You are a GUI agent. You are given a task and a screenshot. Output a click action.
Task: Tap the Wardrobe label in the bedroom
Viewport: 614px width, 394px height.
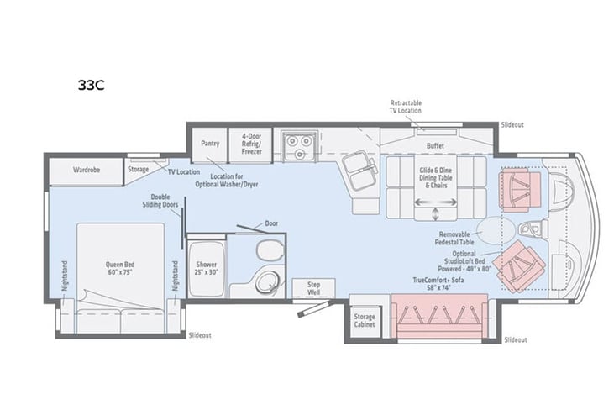[87, 170]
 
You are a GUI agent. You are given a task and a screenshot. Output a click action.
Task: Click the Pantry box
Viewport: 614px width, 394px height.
[210, 144]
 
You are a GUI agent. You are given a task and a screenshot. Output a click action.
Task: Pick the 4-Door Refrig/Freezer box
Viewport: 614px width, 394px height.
[253, 144]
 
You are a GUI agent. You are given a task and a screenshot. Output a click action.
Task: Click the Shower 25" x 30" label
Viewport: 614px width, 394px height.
[206, 269]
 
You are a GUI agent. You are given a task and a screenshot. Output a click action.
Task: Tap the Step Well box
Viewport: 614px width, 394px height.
[314, 286]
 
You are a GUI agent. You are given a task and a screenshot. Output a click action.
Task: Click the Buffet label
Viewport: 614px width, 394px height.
[435, 146]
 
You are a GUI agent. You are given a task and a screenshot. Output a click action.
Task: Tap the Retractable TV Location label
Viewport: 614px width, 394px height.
[405, 106]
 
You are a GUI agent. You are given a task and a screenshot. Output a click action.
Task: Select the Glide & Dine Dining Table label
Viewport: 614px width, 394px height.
[435, 177]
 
